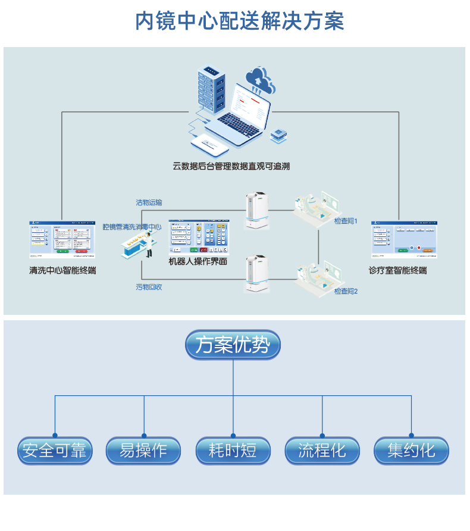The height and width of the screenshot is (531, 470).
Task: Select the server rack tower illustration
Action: [212, 89]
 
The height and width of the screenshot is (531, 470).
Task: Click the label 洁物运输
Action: [149, 202]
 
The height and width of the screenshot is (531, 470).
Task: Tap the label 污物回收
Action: [149, 287]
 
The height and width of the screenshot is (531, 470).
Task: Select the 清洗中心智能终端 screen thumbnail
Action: [62, 239]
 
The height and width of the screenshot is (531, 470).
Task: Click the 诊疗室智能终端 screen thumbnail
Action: [404, 239]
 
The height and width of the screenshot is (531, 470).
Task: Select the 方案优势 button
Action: [233, 345]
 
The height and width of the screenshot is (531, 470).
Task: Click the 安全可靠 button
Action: [55, 451]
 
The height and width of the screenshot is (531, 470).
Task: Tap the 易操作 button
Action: [143, 451]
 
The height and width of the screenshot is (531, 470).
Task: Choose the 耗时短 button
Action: [233, 451]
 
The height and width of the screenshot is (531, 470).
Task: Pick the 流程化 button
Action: [322, 451]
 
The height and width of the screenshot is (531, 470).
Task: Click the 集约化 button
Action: [411, 451]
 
